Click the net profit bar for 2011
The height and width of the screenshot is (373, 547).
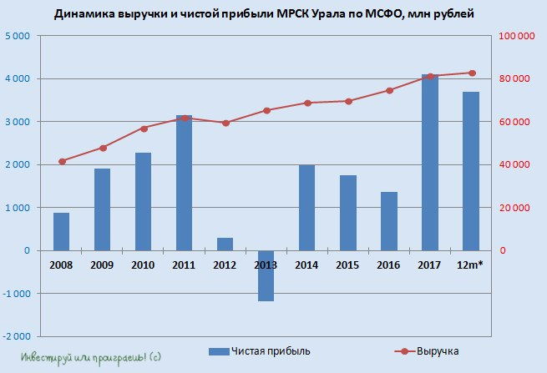(x=184, y=184)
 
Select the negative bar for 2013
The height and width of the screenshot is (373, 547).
(x=266, y=275)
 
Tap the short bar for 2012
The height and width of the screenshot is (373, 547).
(x=225, y=244)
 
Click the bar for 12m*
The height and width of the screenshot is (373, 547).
(x=471, y=171)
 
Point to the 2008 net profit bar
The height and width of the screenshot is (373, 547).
(x=61, y=231)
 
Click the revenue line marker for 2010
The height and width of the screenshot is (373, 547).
(x=144, y=129)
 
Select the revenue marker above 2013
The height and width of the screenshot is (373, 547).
(x=266, y=110)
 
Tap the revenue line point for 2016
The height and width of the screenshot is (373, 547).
(x=389, y=90)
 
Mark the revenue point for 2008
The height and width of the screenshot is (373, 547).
(x=61, y=161)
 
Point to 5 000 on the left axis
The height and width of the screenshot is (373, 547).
(x=17, y=36)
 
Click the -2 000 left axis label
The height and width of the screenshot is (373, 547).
(x=15, y=336)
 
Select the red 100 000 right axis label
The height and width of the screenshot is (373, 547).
(x=515, y=36)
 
